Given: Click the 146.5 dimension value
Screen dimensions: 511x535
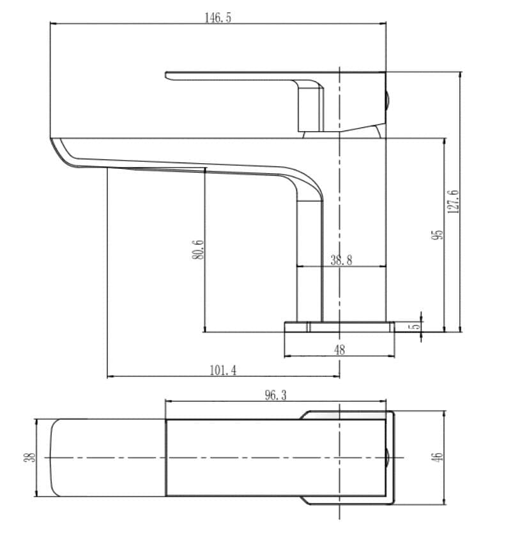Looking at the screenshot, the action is click(218, 17).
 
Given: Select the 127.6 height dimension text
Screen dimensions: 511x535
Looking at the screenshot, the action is click(453, 202).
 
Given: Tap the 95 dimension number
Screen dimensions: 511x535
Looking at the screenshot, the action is click(438, 234).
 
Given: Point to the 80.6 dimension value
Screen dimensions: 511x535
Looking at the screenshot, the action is click(197, 250).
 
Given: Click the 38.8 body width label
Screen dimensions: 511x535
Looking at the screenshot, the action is click(341, 260).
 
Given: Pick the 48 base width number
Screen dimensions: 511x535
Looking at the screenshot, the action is click(340, 349).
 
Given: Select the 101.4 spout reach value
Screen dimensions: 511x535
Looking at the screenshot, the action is click(223, 370).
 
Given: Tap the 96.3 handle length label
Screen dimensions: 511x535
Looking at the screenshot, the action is click(275, 395).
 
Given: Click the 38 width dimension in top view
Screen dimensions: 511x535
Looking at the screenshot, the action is click(29, 457).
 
